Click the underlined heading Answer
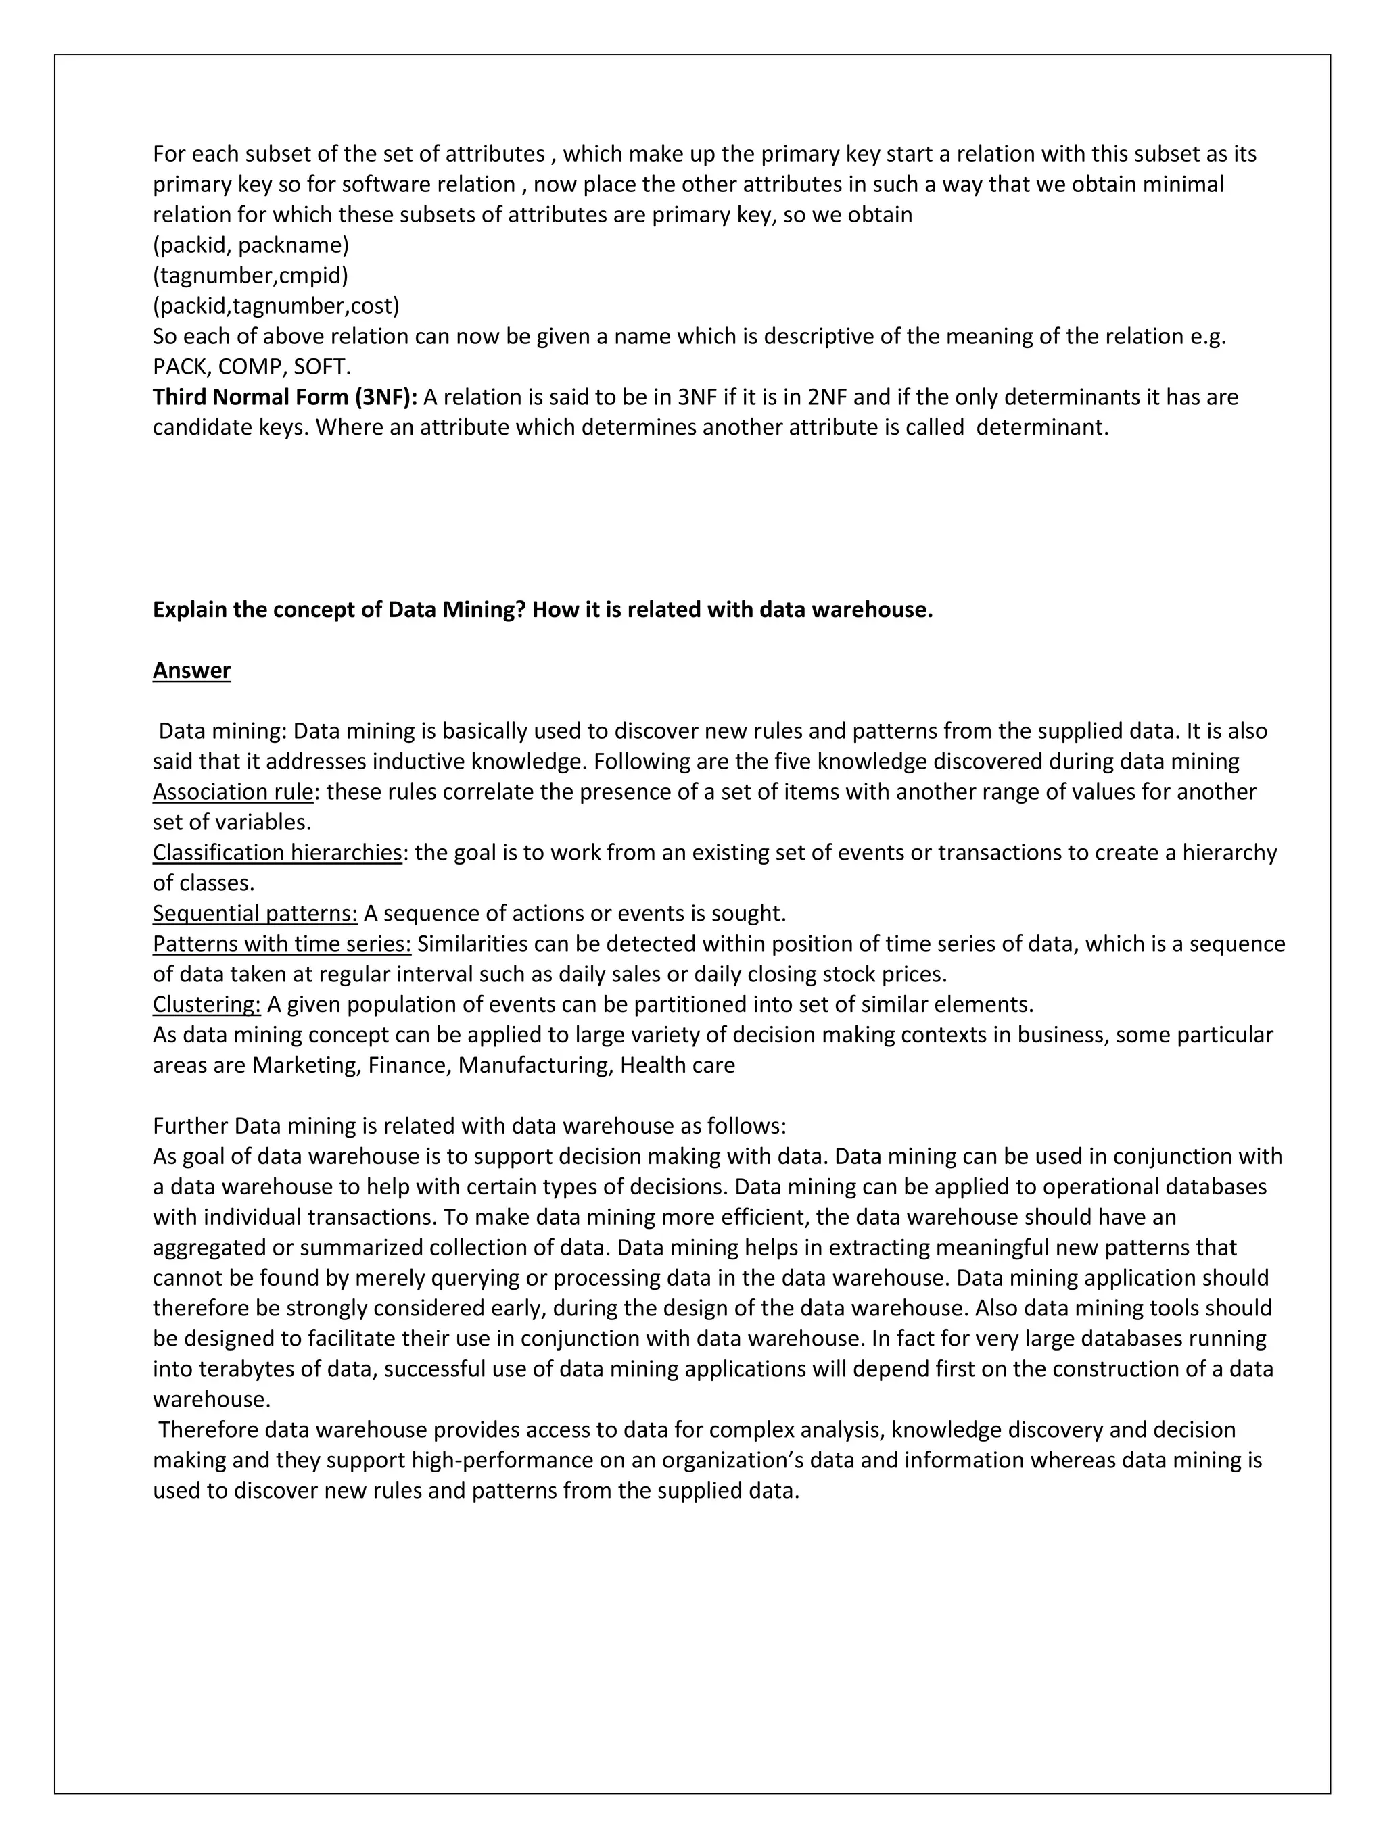click(191, 671)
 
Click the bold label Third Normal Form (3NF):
click(284, 397)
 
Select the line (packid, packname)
click(251, 245)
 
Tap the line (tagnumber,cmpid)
click(250, 276)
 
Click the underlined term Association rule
click(233, 792)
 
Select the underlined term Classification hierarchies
click(277, 853)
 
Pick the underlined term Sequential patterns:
click(255, 914)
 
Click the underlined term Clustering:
click(206, 1005)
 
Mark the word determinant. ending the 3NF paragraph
click(1041, 428)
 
